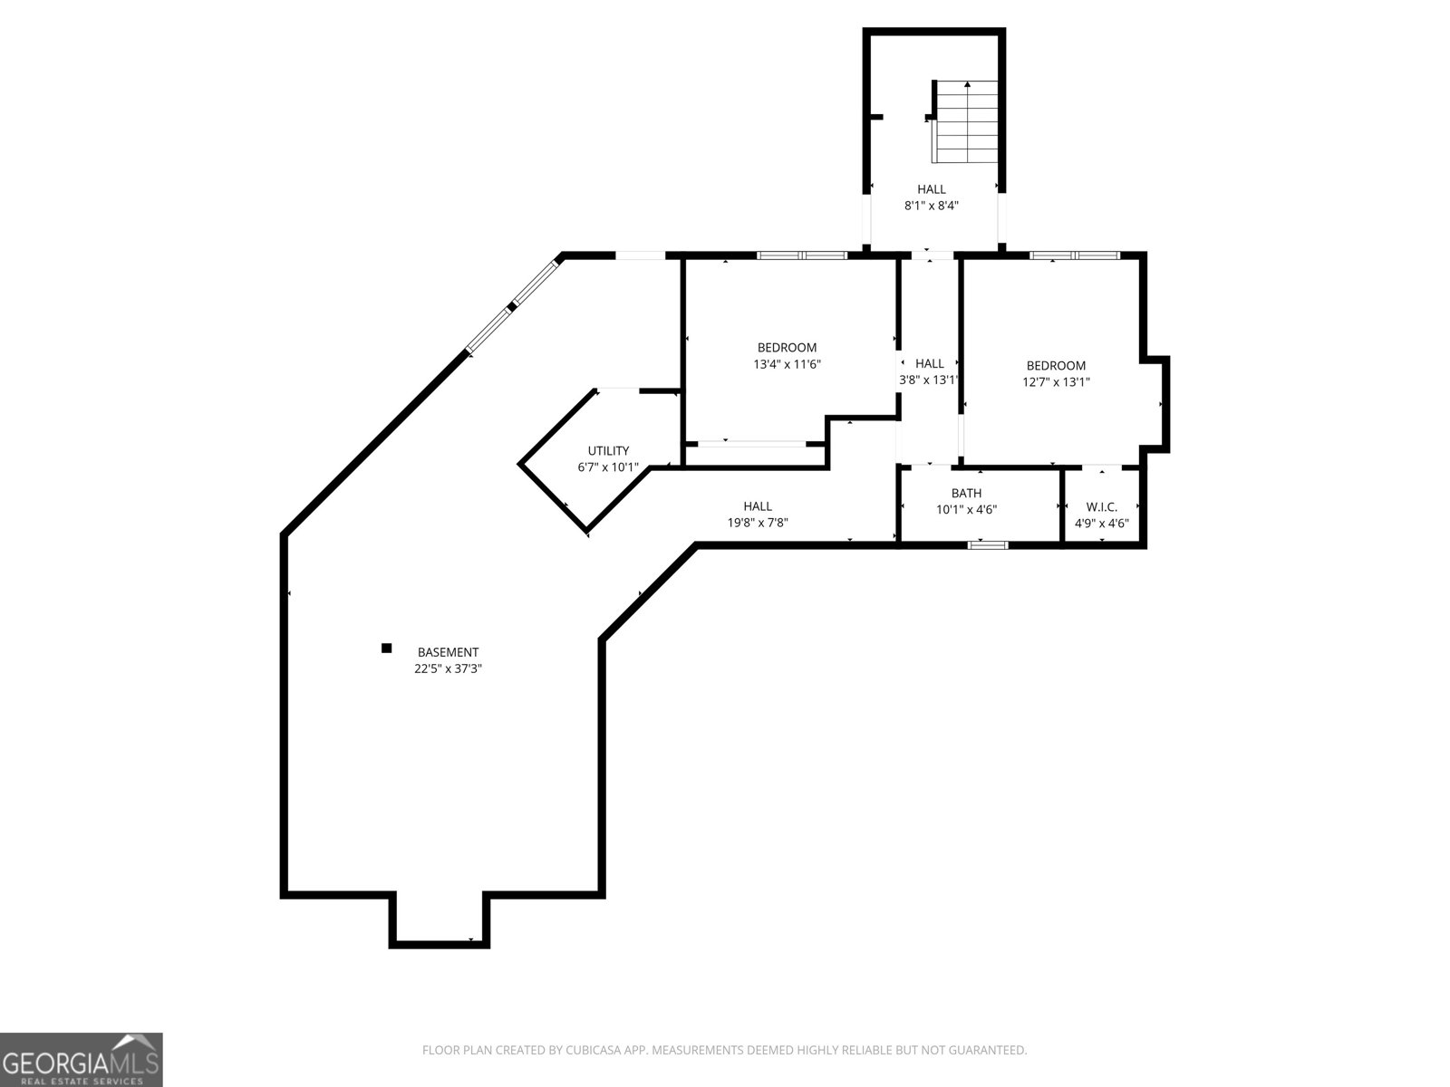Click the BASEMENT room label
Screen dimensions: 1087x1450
pos(448,652)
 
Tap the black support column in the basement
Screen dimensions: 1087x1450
pos(386,648)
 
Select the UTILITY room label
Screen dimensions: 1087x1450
pos(608,451)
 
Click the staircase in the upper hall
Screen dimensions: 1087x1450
pos(967,121)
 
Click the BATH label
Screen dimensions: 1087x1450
pos(966,494)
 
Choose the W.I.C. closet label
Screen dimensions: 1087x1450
pos(1101,507)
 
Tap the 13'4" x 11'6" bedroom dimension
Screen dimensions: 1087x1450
pos(787,364)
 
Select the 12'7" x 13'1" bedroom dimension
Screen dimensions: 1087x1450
pos(1056,382)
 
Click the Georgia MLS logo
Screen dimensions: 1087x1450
pos(82,1059)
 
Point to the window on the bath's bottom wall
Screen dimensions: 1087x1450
pos(988,544)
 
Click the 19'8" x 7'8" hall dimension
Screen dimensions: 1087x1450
pos(758,523)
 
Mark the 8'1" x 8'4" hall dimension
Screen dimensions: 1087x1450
pos(931,206)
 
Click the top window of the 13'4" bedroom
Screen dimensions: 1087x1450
pos(801,255)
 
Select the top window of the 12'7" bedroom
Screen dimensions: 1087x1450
pos(1075,255)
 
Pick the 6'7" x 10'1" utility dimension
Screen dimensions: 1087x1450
pos(608,467)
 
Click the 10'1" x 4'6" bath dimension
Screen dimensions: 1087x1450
pos(966,510)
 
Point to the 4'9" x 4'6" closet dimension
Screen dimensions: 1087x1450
pos(1101,524)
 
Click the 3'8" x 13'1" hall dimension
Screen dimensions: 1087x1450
pos(929,380)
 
